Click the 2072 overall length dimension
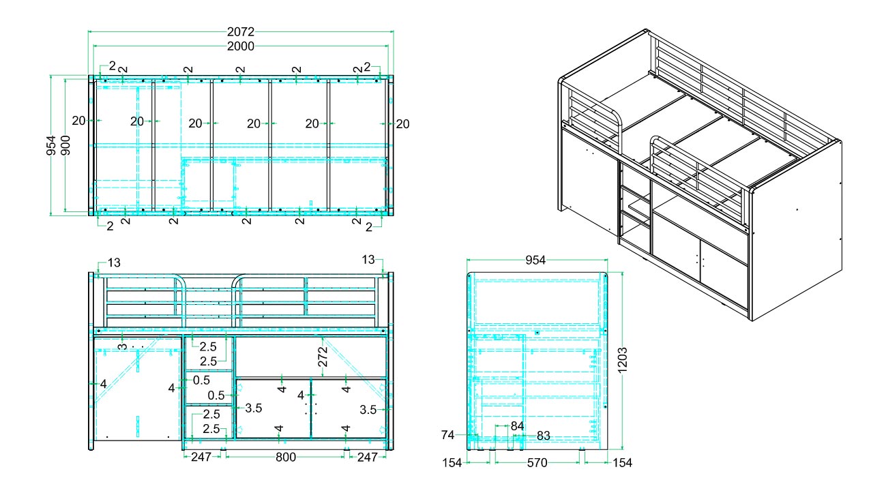click(241, 31)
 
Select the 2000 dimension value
click(241, 46)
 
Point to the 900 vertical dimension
click(65, 145)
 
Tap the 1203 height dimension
click(622, 360)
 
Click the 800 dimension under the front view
click(286, 457)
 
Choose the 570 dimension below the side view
click(537, 462)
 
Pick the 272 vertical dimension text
click(323, 357)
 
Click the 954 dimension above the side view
click(535, 260)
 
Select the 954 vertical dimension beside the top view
click(51, 145)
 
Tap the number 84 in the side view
click(518, 426)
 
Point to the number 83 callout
click(544, 436)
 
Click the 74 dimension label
click(448, 435)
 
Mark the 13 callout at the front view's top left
click(114, 263)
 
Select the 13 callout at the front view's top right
click(368, 260)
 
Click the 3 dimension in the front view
click(123, 346)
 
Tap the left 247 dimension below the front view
click(201, 457)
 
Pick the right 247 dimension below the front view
click(368, 457)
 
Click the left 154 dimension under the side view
click(452, 462)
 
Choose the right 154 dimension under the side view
click(622, 462)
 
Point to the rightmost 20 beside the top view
click(402, 124)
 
